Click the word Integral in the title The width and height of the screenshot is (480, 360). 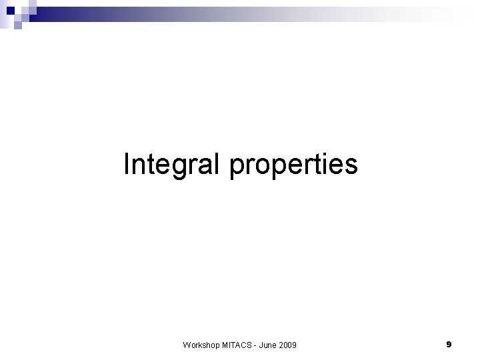coord(173,164)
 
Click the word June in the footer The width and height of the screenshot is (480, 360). coord(269,344)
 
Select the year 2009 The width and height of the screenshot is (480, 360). coord(289,344)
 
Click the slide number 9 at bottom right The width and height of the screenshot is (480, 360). coord(449,344)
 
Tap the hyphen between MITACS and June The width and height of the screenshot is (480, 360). coord(255,345)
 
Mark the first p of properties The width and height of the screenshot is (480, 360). coord(237,167)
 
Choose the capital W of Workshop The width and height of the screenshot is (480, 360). coord(186,344)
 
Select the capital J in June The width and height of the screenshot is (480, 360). coord(262,344)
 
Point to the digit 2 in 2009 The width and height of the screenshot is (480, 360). coord(283,344)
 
